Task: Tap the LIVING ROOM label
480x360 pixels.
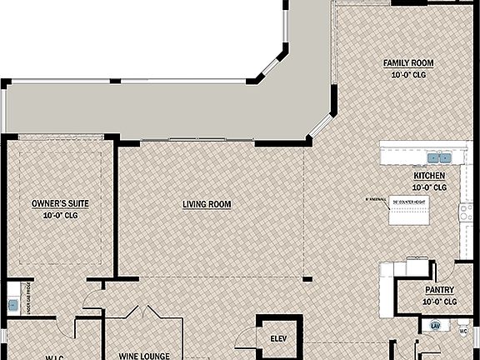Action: tap(207, 204)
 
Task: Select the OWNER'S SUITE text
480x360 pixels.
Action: tap(59, 203)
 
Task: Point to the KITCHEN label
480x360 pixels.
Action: tap(429, 177)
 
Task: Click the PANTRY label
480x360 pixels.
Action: tap(439, 290)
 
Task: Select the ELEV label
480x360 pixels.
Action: tap(278, 339)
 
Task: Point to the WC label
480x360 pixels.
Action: tap(463, 330)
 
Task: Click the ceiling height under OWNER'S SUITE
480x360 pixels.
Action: tap(59, 215)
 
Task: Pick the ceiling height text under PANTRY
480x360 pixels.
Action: tap(439, 301)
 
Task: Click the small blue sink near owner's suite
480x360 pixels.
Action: tap(12, 304)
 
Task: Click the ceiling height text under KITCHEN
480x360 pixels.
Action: tap(429, 187)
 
